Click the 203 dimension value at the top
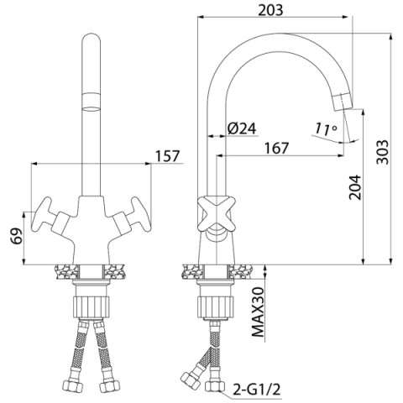270,11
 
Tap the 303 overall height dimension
383,152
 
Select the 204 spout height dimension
355,187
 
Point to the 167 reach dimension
276,148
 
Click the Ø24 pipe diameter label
242,129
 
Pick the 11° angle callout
325,128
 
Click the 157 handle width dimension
167,156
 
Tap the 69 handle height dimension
18,237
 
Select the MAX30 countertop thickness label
258,311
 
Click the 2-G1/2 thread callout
256,389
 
